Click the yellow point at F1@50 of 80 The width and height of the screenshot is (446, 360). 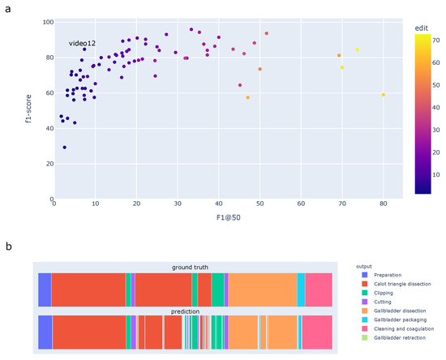pos(384,95)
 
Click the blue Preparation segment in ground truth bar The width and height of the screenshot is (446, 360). pos(45,289)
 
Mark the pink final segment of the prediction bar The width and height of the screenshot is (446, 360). pos(316,332)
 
